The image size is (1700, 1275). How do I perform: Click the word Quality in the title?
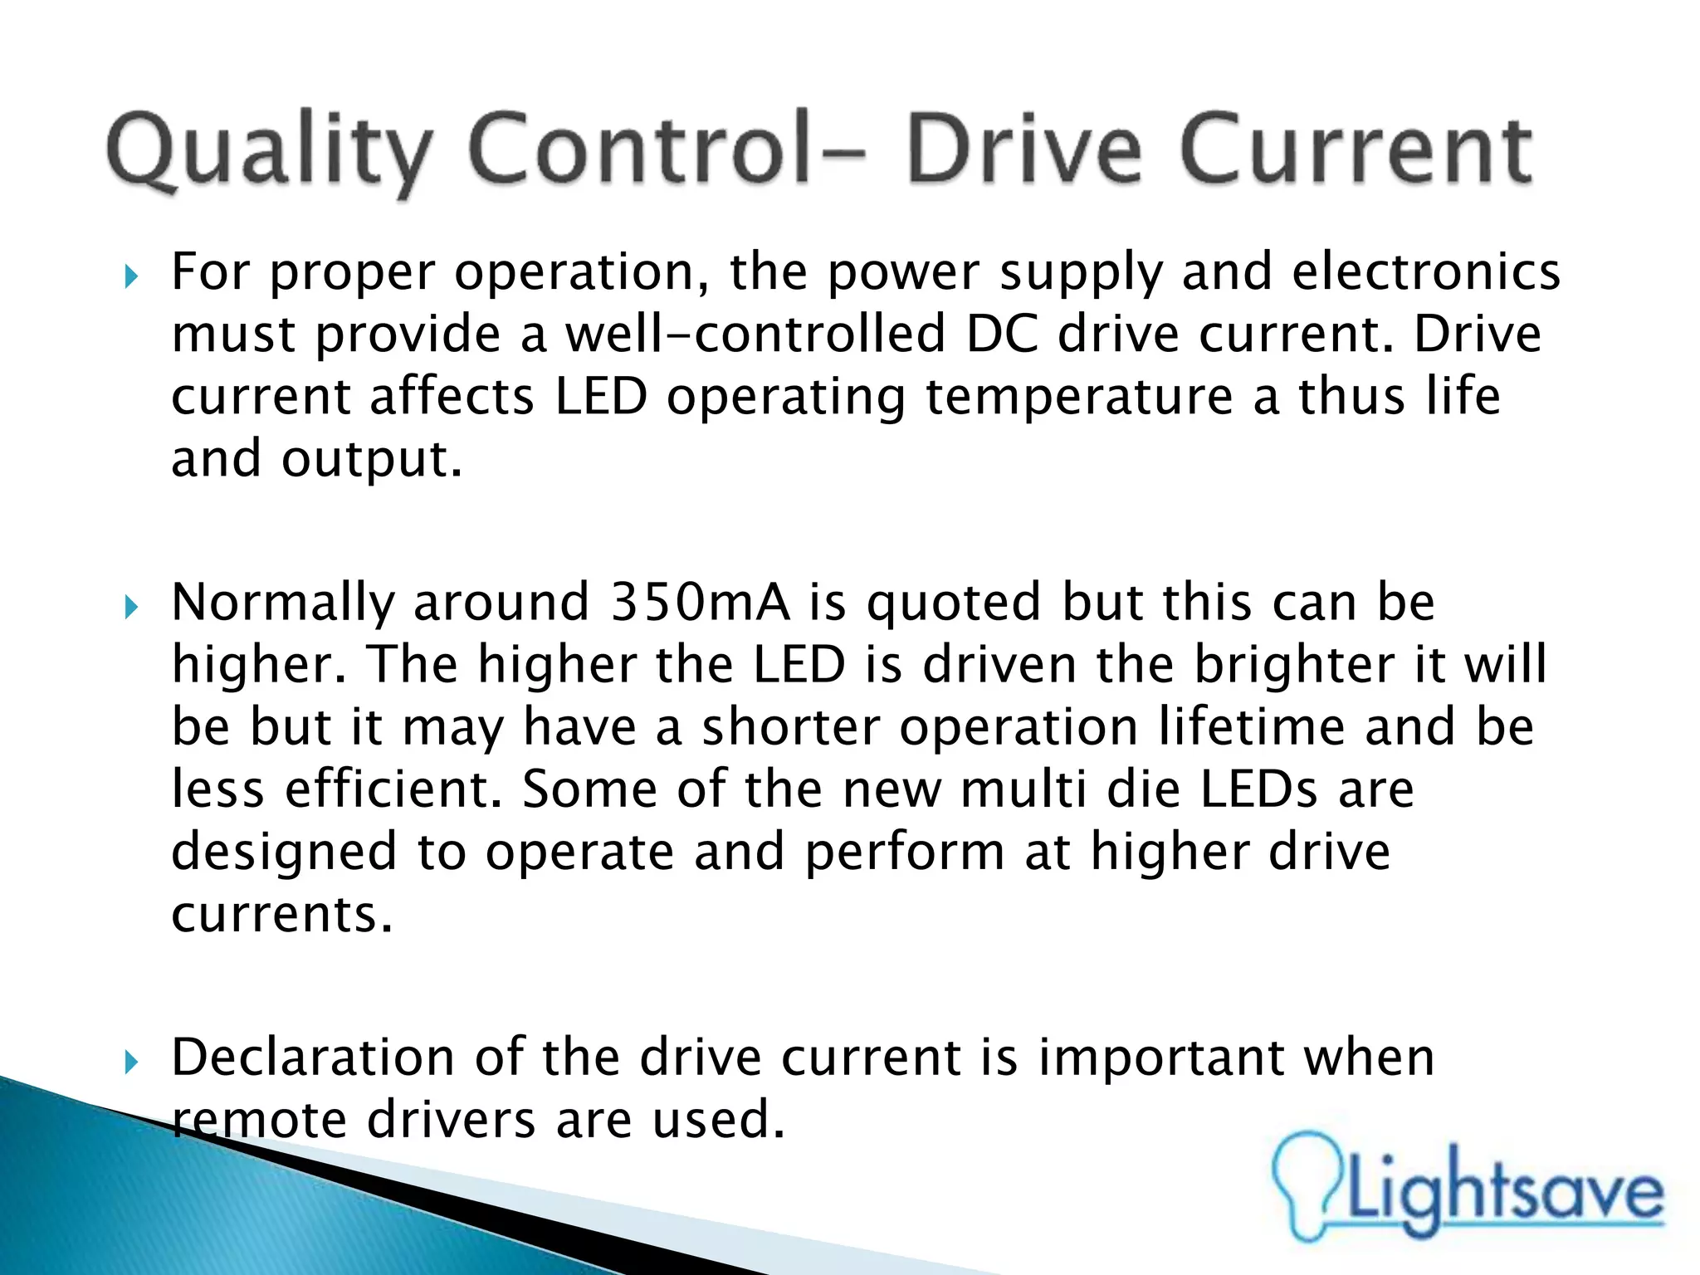269,154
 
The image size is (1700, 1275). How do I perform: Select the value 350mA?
700,602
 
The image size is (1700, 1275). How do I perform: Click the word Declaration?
313,1058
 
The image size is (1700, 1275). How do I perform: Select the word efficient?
393,789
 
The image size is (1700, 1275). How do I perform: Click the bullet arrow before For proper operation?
131,276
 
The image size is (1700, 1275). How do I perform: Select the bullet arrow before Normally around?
131,607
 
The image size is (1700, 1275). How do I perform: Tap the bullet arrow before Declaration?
131,1062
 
